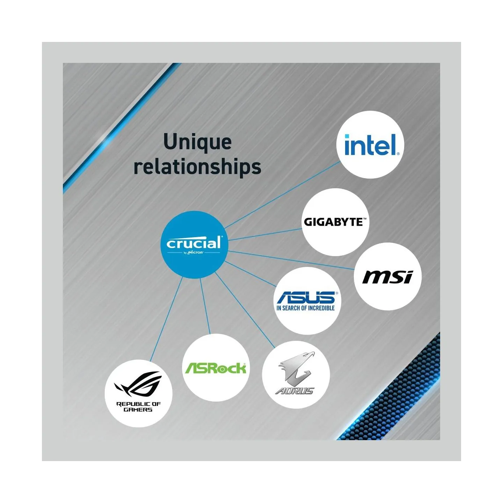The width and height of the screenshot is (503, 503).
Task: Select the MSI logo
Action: [x=388, y=277]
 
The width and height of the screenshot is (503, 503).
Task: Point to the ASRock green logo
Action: [x=216, y=368]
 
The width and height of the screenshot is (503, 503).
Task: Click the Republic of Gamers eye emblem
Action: [x=137, y=386]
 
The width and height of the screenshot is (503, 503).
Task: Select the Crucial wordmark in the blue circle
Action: [x=194, y=243]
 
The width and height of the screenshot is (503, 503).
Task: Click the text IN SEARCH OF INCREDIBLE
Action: [x=305, y=308]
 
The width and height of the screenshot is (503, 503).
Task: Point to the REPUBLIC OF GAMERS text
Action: [x=138, y=407]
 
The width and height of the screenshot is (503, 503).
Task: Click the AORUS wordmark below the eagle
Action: [x=294, y=391]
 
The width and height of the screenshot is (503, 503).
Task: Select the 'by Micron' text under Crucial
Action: [x=194, y=253]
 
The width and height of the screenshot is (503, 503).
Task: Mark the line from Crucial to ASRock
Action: [x=205, y=306]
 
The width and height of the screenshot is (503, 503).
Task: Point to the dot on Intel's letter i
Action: [x=347, y=136]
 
